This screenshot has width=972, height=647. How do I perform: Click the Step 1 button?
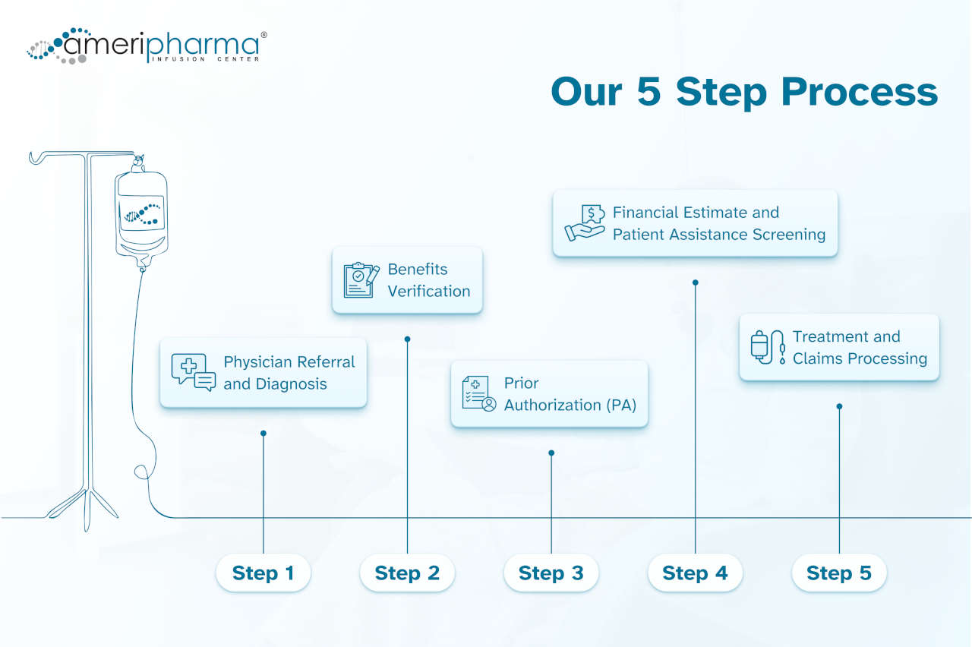pyautogui.click(x=263, y=573)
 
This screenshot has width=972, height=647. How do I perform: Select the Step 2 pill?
pyautogui.click(x=407, y=573)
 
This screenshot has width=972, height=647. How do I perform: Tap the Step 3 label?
pyautogui.click(x=551, y=573)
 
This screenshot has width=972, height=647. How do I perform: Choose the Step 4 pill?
pyautogui.click(x=695, y=573)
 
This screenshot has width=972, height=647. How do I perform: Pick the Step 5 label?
pyautogui.click(x=839, y=573)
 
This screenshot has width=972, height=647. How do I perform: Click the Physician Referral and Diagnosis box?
pyautogui.click(x=264, y=373)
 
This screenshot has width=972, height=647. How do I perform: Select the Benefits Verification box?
pyautogui.click(x=407, y=279)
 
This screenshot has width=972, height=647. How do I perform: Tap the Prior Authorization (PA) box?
pyautogui.click(x=549, y=394)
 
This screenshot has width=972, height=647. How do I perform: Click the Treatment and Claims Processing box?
pyautogui.click(x=839, y=347)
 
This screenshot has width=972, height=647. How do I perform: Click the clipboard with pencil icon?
pyautogui.click(x=361, y=280)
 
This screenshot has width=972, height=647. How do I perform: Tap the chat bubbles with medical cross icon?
pyautogui.click(x=193, y=372)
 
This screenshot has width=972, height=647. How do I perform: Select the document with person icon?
pyautogui.click(x=478, y=393)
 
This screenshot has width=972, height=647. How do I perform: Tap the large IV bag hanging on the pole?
pyautogui.click(x=141, y=213)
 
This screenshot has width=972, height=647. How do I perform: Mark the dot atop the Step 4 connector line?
pyautogui.click(x=695, y=282)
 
